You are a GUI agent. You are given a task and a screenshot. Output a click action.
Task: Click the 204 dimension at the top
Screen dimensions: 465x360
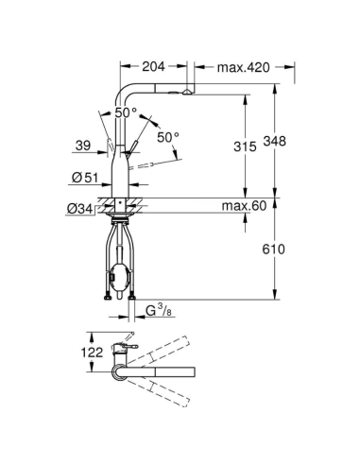pyautogui.click(x=156, y=67)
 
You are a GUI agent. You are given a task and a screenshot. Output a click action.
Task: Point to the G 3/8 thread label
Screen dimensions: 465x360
pyautogui.click(x=159, y=308)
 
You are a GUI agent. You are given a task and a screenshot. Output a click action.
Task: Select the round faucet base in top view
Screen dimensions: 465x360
pyautogui.click(x=120, y=372)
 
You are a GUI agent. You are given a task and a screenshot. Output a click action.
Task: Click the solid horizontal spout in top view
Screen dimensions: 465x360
pyautogui.click(x=161, y=372)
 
